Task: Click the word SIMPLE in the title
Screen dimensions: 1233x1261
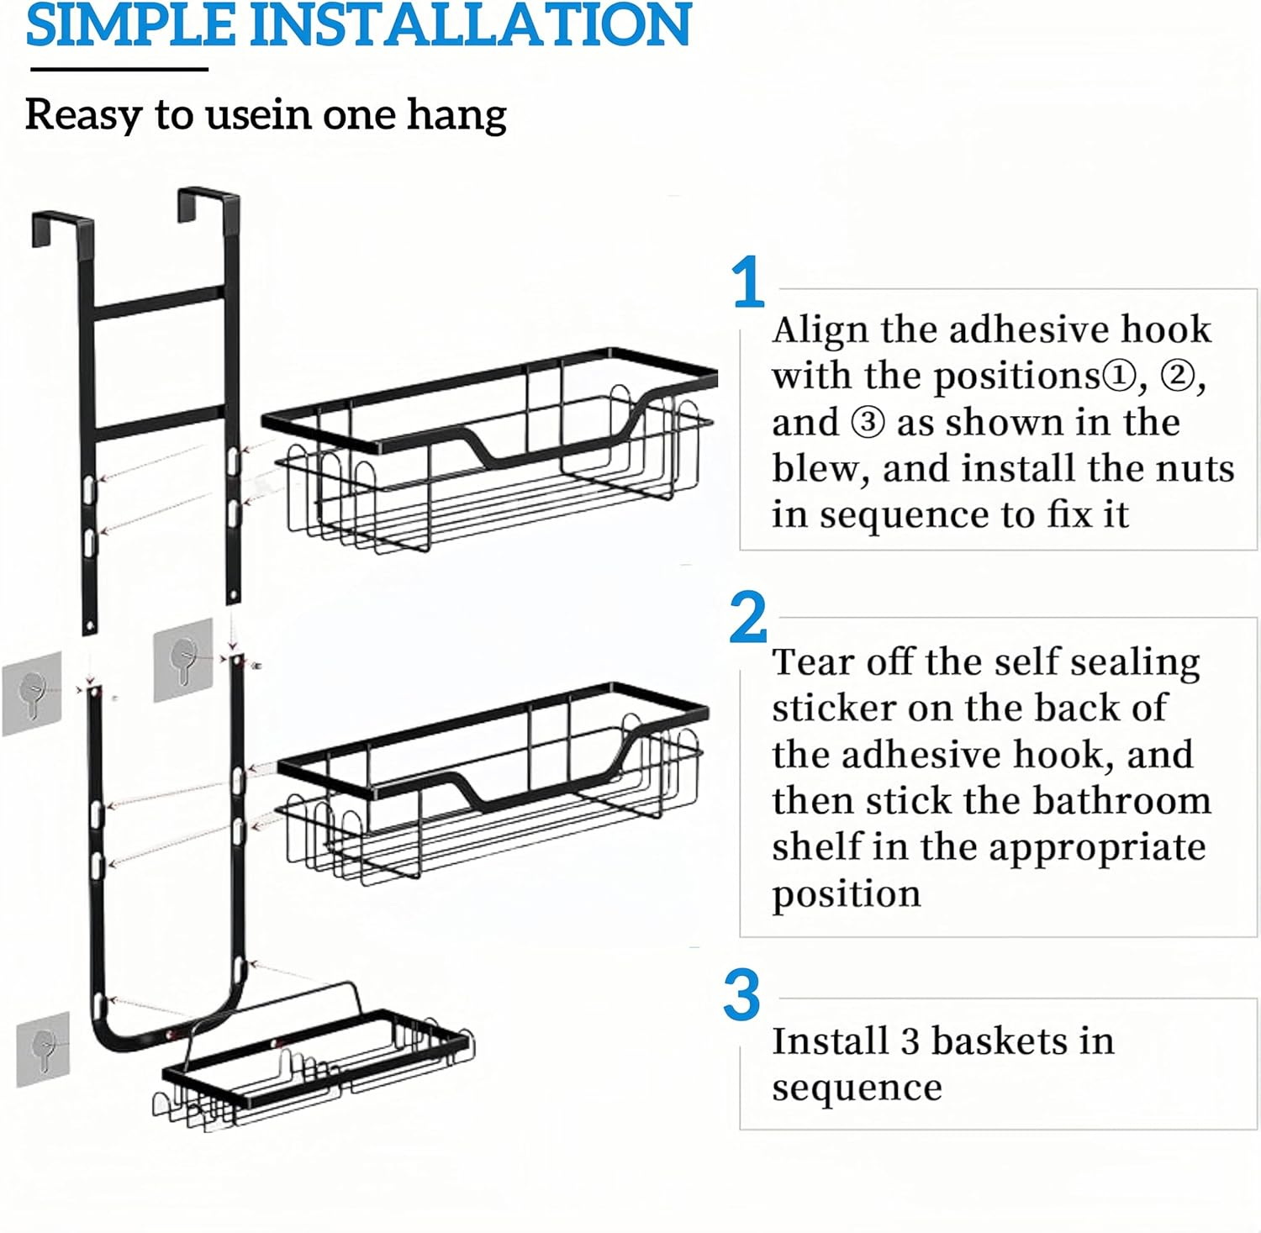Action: point(130,25)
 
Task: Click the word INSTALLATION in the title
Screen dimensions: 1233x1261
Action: point(471,25)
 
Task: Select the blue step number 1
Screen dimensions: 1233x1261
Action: point(747,283)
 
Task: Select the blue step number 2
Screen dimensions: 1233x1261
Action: point(747,617)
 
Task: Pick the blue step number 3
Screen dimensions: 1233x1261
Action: point(741,995)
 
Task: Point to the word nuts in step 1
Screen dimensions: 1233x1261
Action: point(1195,468)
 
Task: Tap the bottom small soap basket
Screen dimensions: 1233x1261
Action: point(315,1063)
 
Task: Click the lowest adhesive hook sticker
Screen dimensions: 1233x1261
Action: point(42,1049)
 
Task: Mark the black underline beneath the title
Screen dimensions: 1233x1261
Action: point(118,69)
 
